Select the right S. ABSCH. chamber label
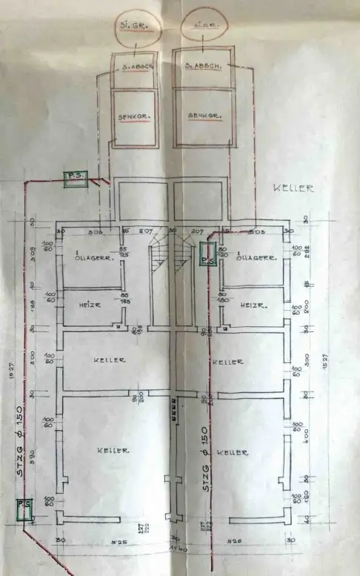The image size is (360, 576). tap(200, 66)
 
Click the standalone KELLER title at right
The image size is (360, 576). tap(293, 188)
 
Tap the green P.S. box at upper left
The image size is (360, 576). tap(75, 178)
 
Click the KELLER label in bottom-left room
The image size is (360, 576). tap(113, 450)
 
